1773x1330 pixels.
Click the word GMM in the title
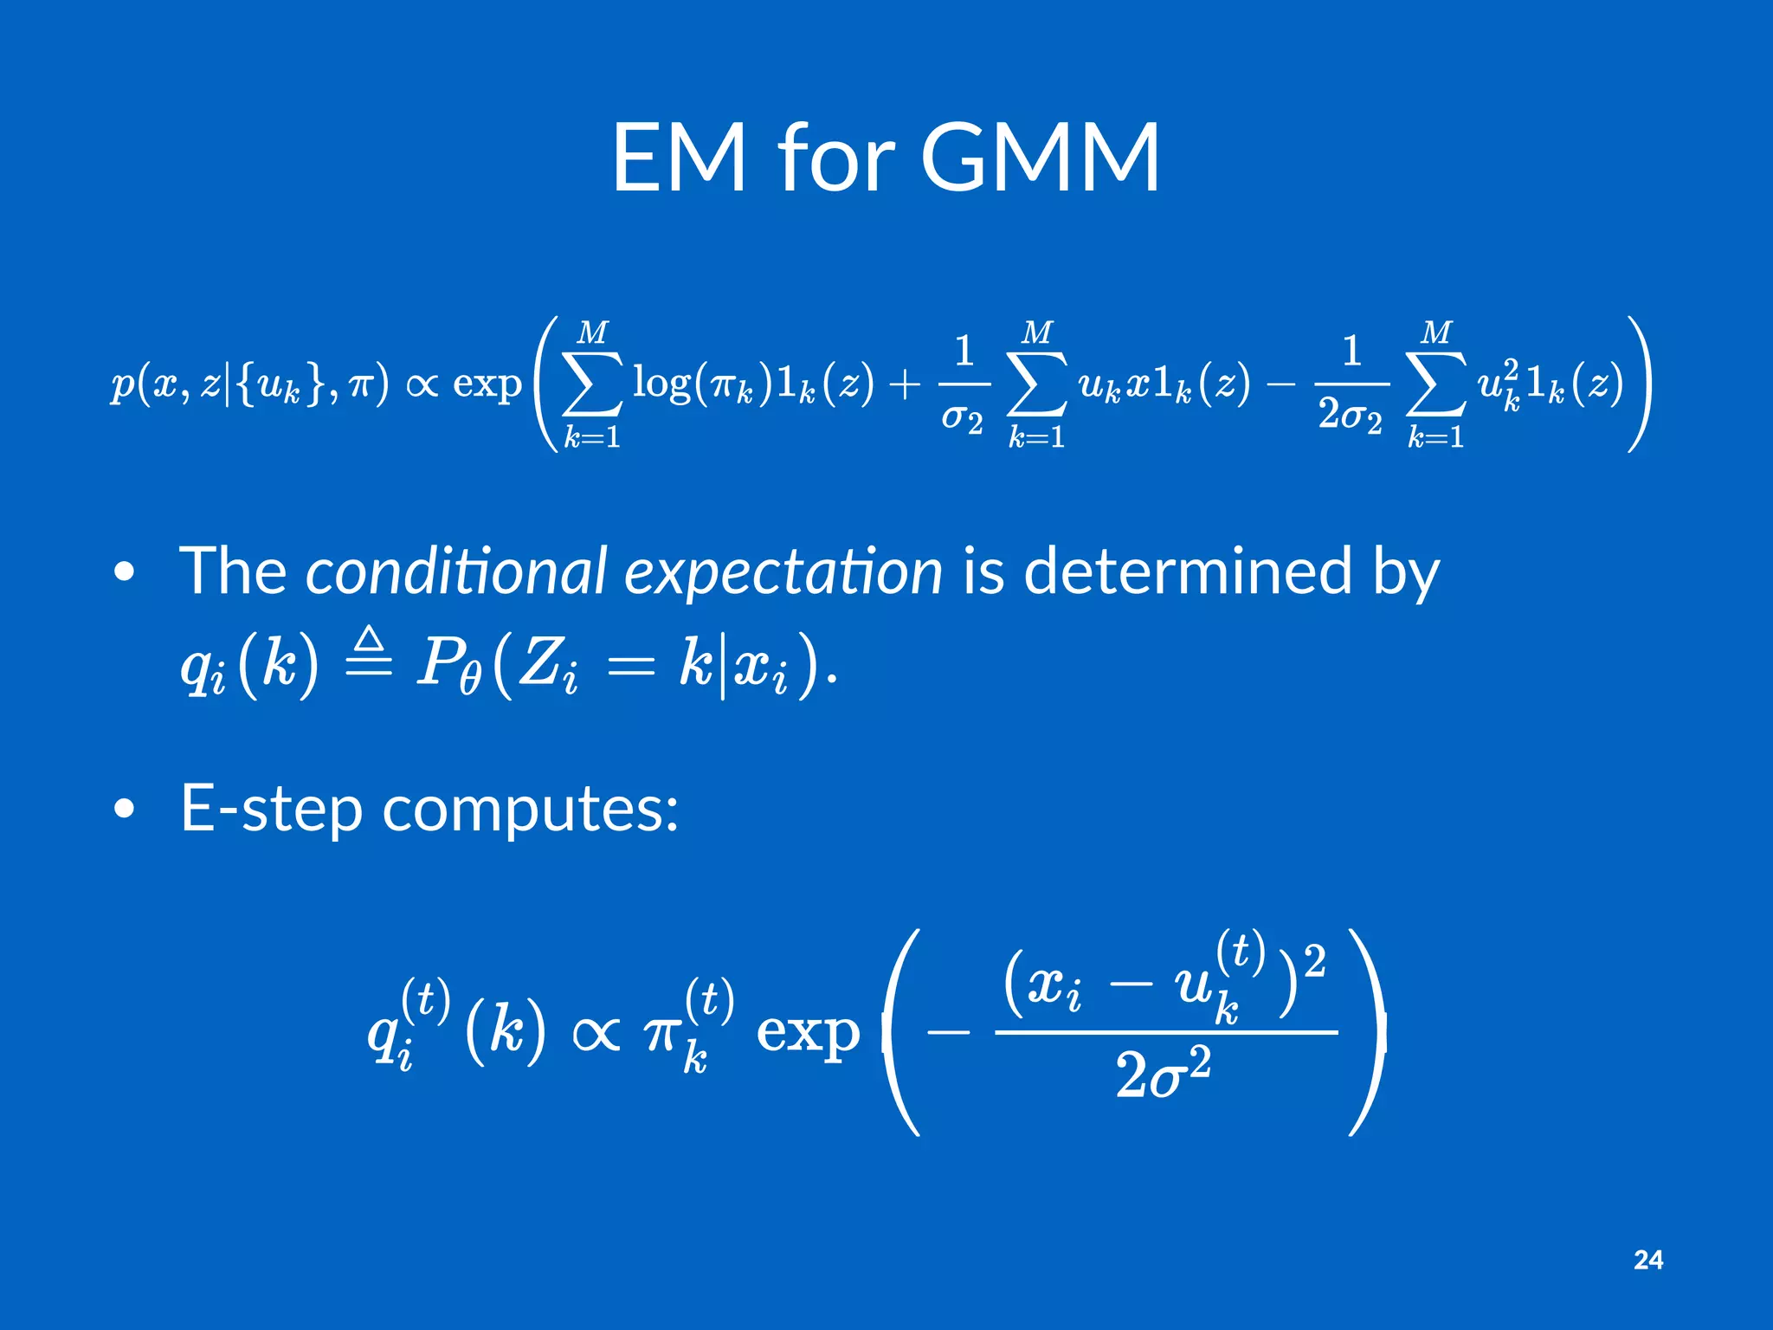(1040, 158)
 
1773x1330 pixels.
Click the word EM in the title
(679, 158)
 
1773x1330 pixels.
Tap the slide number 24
(1648, 1260)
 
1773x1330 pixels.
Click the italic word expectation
(783, 573)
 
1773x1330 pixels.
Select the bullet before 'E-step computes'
(125, 810)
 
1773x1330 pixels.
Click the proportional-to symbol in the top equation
(422, 384)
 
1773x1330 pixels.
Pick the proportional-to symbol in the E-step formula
(596, 1032)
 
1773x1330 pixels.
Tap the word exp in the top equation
(487, 384)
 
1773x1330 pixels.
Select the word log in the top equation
(661, 382)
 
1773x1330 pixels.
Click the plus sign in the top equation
(905, 384)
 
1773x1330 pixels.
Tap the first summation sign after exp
(593, 384)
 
